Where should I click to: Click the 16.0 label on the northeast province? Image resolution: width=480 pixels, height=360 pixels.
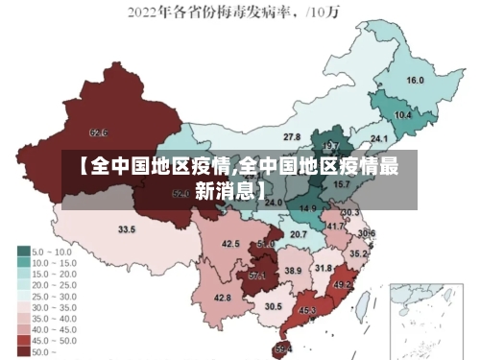click(x=416, y=81)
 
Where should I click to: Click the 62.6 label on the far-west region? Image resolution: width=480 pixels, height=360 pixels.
click(x=98, y=132)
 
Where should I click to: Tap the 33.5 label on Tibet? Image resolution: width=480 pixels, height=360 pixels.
click(x=127, y=229)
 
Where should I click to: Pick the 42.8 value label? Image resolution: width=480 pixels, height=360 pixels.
click(x=222, y=299)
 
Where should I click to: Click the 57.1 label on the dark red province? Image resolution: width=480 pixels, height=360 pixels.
click(x=257, y=276)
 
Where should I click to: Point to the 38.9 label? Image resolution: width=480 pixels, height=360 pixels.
click(x=293, y=272)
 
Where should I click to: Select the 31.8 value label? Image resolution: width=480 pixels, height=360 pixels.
click(x=324, y=268)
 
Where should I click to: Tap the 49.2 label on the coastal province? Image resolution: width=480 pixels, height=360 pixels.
click(x=343, y=285)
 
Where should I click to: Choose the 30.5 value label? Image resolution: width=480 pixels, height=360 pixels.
click(x=274, y=306)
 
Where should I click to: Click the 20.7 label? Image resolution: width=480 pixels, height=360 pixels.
click(x=299, y=234)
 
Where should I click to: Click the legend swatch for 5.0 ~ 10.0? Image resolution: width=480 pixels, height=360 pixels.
click(x=23, y=252)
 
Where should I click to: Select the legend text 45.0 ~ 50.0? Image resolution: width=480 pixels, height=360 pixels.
click(x=57, y=339)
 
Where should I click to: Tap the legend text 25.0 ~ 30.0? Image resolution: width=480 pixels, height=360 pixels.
click(x=57, y=296)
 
